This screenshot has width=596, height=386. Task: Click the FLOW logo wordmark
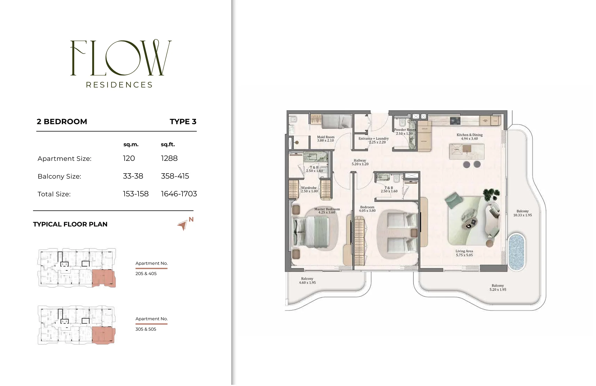coord(121,58)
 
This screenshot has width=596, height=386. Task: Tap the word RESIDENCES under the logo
coord(119,85)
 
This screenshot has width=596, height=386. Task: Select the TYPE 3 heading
coord(183,122)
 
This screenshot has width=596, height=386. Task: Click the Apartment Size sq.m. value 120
coord(129,158)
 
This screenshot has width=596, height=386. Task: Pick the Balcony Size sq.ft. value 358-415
coord(175,176)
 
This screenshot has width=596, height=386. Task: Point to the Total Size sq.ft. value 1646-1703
coord(179,194)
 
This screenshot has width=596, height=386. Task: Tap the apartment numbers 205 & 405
coord(146,274)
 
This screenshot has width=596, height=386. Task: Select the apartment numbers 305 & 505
coord(146,329)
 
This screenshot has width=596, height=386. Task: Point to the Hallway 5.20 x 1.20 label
coord(360,162)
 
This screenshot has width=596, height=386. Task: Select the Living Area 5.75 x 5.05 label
coord(464,253)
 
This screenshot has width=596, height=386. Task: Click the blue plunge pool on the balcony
coord(517,252)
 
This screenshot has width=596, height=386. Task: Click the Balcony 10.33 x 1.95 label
coord(522,213)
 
